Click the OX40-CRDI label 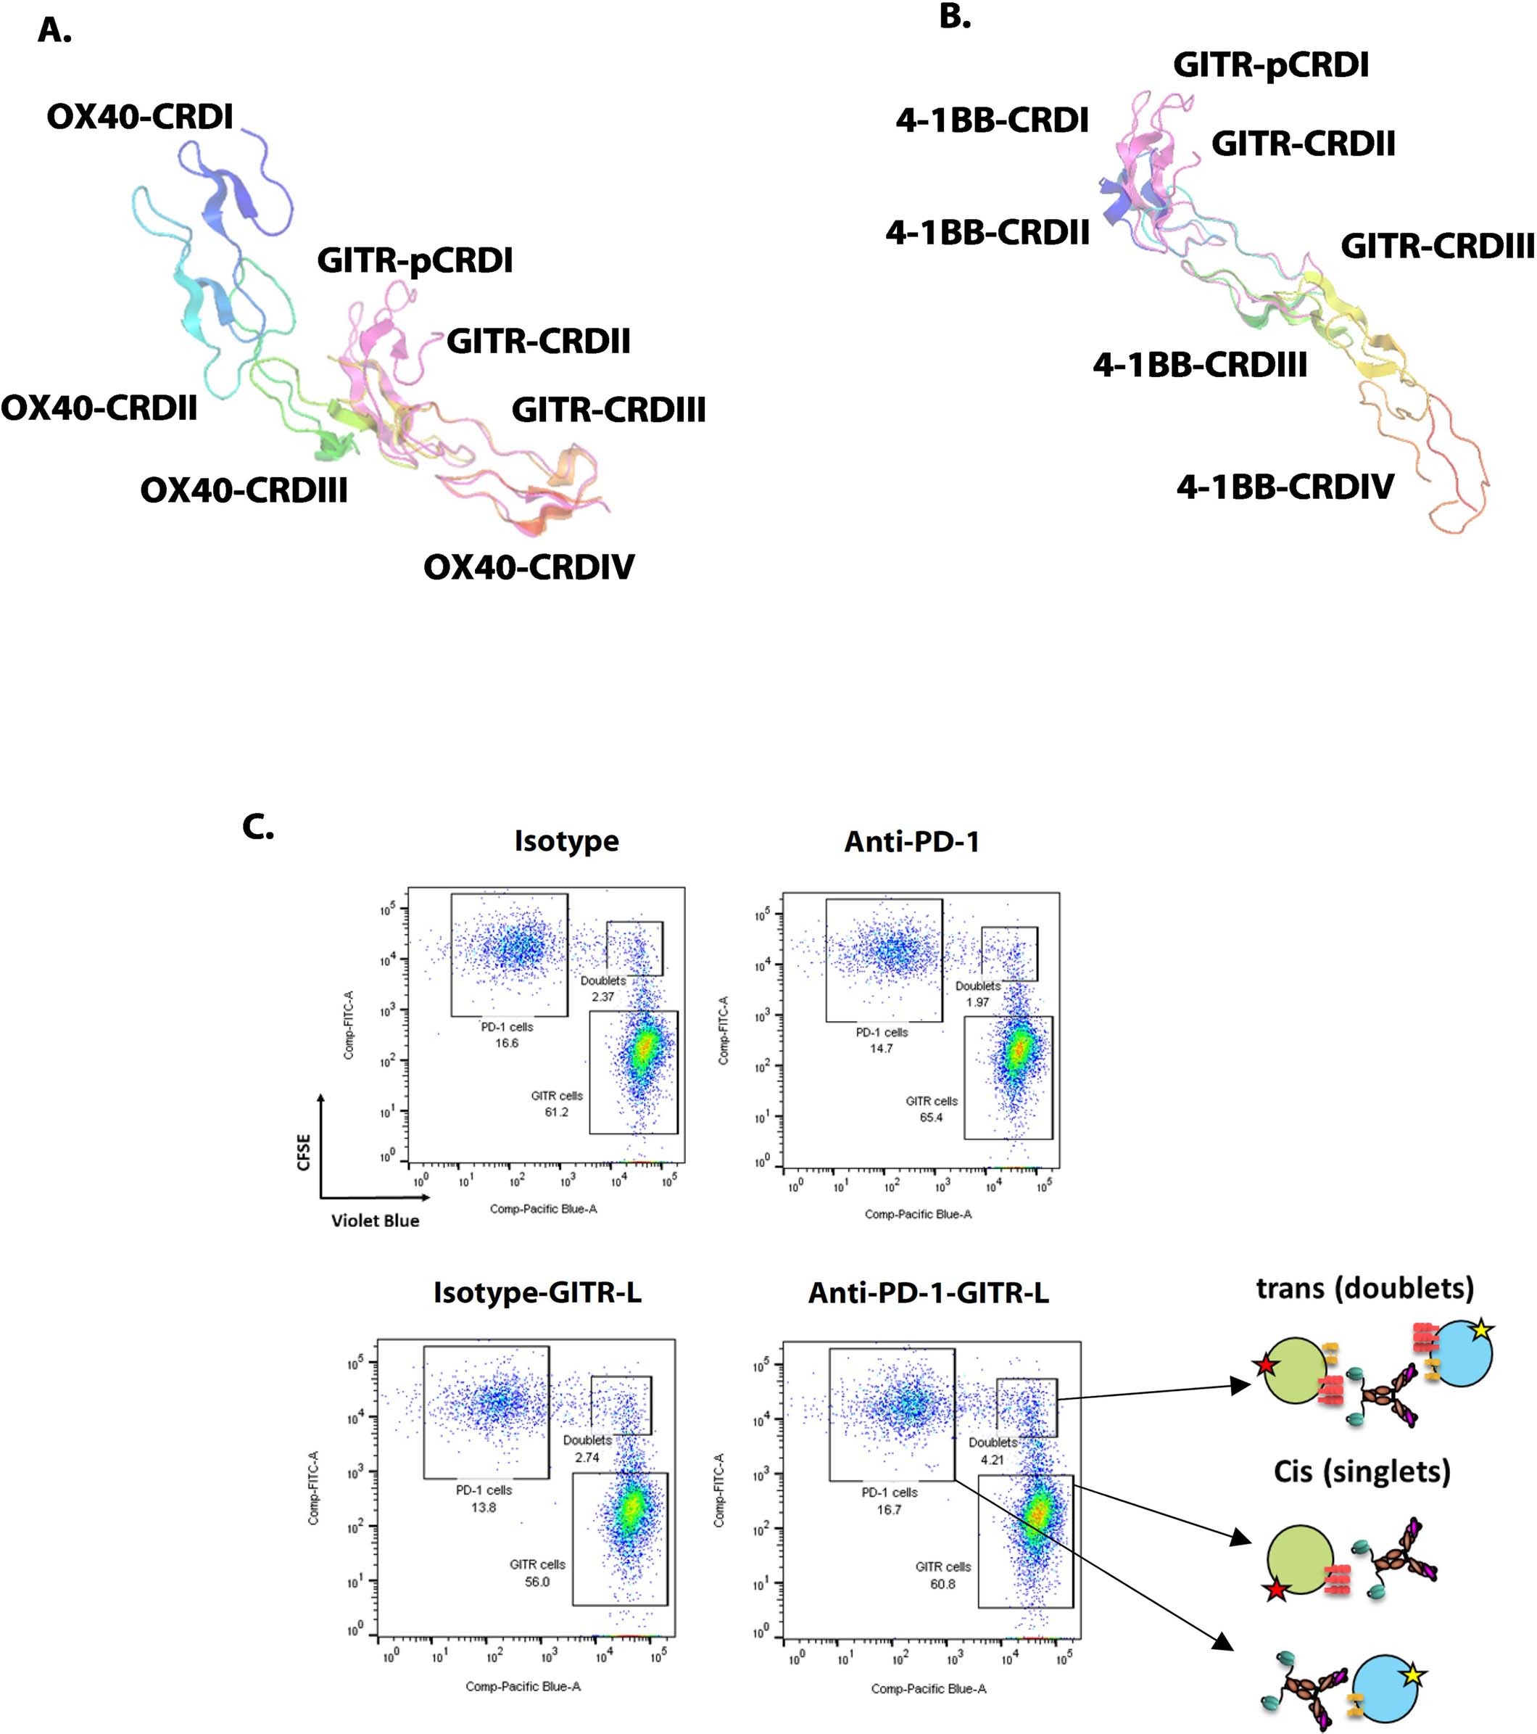click(x=140, y=117)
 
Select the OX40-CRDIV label click(x=529, y=566)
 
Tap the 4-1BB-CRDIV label click(x=1285, y=487)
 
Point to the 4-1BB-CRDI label click(x=992, y=120)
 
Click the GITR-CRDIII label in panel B click(x=1437, y=247)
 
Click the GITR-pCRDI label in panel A click(x=415, y=260)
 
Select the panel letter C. click(x=257, y=827)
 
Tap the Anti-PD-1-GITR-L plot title click(x=928, y=1293)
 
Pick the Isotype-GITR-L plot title click(x=537, y=1292)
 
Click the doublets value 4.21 click(x=992, y=1460)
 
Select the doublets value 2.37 click(x=602, y=996)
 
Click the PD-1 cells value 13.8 click(x=484, y=1508)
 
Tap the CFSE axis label click(x=304, y=1152)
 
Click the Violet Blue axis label click(x=375, y=1221)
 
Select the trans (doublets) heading click(x=1364, y=1289)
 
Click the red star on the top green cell click(x=1266, y=1365)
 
